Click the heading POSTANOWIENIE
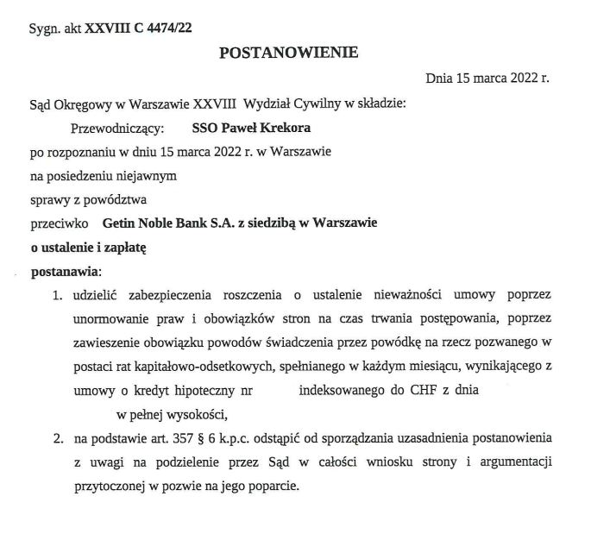pos(288,53)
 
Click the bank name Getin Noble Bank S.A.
pos(160,223)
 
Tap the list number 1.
pos(56,295)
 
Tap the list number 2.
pos(56,437)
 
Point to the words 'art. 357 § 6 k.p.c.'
pos(202,437)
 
